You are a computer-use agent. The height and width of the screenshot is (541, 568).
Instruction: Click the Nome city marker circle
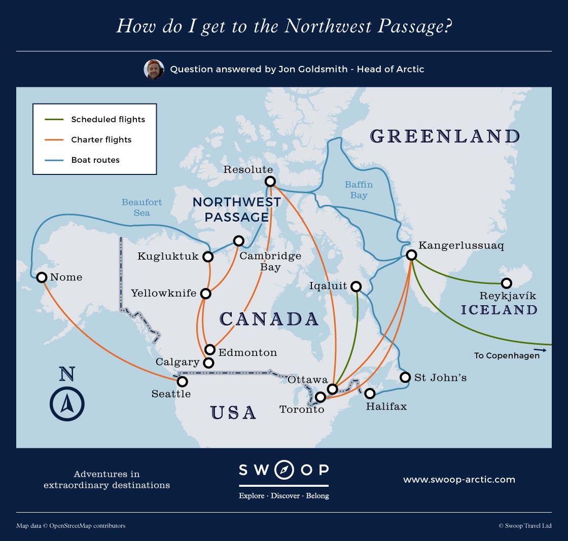(x=42, y=277)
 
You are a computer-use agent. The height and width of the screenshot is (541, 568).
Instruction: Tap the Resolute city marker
(x=270, y=181)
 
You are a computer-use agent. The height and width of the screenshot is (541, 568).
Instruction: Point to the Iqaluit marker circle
(x=356, y=286)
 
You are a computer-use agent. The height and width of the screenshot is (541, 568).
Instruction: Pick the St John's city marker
(x=405, y=377)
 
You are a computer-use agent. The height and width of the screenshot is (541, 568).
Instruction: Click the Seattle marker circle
(x=182, y=381)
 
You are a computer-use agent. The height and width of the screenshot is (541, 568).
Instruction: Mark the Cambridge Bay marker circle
(x=238, y=240)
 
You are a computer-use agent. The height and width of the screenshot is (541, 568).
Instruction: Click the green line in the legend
(x=54, y=120)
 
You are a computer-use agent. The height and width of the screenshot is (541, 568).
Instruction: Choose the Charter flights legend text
(x=101, y=140)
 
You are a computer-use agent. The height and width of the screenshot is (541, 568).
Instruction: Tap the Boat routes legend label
(x=95, y=160)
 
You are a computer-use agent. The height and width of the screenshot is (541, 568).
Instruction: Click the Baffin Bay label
(x=359, y=190)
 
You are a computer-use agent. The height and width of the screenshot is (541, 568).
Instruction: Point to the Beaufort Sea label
(x=142, y=207)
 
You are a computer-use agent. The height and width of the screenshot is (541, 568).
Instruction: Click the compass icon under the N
(x=67, y=404)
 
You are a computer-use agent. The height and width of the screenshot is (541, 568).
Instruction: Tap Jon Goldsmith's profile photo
(x=154, y=69)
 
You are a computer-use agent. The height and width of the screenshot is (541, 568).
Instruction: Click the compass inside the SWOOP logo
(x=284, y=470)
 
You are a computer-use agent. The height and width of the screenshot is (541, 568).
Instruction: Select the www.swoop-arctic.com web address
(x=459, y=479)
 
